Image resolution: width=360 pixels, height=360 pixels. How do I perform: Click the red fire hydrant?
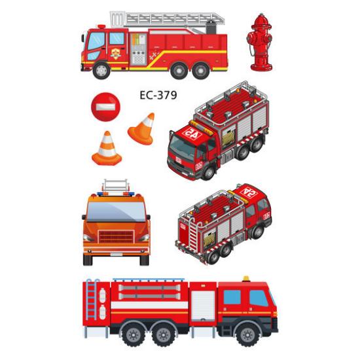tap(260, 42)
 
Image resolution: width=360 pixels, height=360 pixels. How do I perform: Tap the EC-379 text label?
tap(158, 94)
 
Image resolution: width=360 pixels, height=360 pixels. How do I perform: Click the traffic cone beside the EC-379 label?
tap(142, 130)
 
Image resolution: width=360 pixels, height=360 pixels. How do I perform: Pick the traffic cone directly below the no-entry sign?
tap(106, 149)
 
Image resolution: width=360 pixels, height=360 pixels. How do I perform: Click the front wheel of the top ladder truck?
tap(101, 69)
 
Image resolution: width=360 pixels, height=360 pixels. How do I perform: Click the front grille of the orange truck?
tap(116, 236)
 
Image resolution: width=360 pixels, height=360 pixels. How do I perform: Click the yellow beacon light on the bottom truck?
tap(246, 278)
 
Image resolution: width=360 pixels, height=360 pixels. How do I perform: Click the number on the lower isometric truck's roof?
tap(248, 192)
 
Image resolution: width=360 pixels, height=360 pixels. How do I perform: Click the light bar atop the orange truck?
tap(116, 194)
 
